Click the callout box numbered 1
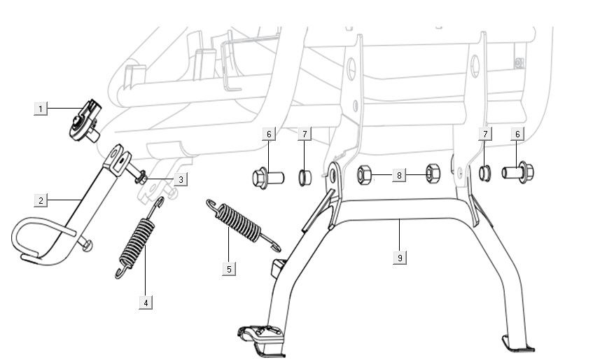point(41,109)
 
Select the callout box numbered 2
point(41,201)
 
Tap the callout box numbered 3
point(180,180)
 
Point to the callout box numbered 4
point(145,303)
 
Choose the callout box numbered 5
point(228,268)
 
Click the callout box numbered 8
point(398,175)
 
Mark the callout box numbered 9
point(399,258)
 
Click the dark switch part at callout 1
point(85,120)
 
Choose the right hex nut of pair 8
point(432,173)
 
